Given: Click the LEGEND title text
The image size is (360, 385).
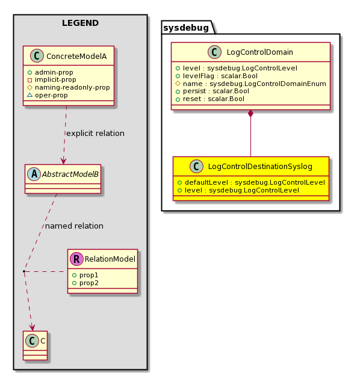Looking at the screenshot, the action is tap(80, 23).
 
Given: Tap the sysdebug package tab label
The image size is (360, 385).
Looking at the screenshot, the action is tap(186, 28).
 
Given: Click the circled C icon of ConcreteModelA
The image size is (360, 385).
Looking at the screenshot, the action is tap(37, 56).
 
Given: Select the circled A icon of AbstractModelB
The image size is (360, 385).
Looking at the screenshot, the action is tap(34, 174).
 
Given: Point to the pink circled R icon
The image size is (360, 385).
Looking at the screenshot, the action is tap(76, 259).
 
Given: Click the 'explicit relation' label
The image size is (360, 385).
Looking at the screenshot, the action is tap(95, 134).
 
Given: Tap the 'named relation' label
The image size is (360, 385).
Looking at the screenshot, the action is tap(74, 226).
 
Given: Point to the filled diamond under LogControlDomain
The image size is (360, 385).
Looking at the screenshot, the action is tap(250, 114).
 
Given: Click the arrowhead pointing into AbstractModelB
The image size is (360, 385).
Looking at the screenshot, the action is tap(63, 162).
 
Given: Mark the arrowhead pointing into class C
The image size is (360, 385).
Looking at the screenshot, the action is tap(32, 328).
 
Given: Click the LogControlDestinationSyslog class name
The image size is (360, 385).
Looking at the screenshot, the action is tap(260, 167).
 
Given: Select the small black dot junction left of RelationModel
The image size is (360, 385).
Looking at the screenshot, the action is tap(24, 271).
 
